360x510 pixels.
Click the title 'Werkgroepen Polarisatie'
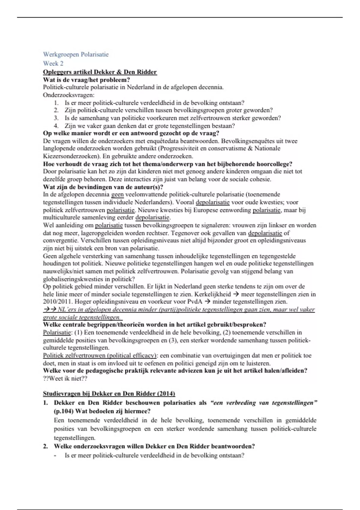[x=76, y=55]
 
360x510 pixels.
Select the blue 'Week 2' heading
[x=53, y=63]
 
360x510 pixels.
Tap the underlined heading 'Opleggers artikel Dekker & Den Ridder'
[x=100, y=72]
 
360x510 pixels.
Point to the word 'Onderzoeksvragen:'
[x=68, y=95]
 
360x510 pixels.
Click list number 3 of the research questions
[x=56, y=118]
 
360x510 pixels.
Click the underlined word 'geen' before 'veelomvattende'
[x=117, y=194]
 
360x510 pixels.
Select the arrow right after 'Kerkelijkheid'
[x=236, y=294]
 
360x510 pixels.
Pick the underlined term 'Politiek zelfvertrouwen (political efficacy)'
[x=100, y=355]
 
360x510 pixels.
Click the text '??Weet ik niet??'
[x=65, y=379]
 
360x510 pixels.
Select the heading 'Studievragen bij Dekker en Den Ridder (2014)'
[x=109, y=394]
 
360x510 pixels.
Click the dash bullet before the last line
[x=56, y=455]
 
